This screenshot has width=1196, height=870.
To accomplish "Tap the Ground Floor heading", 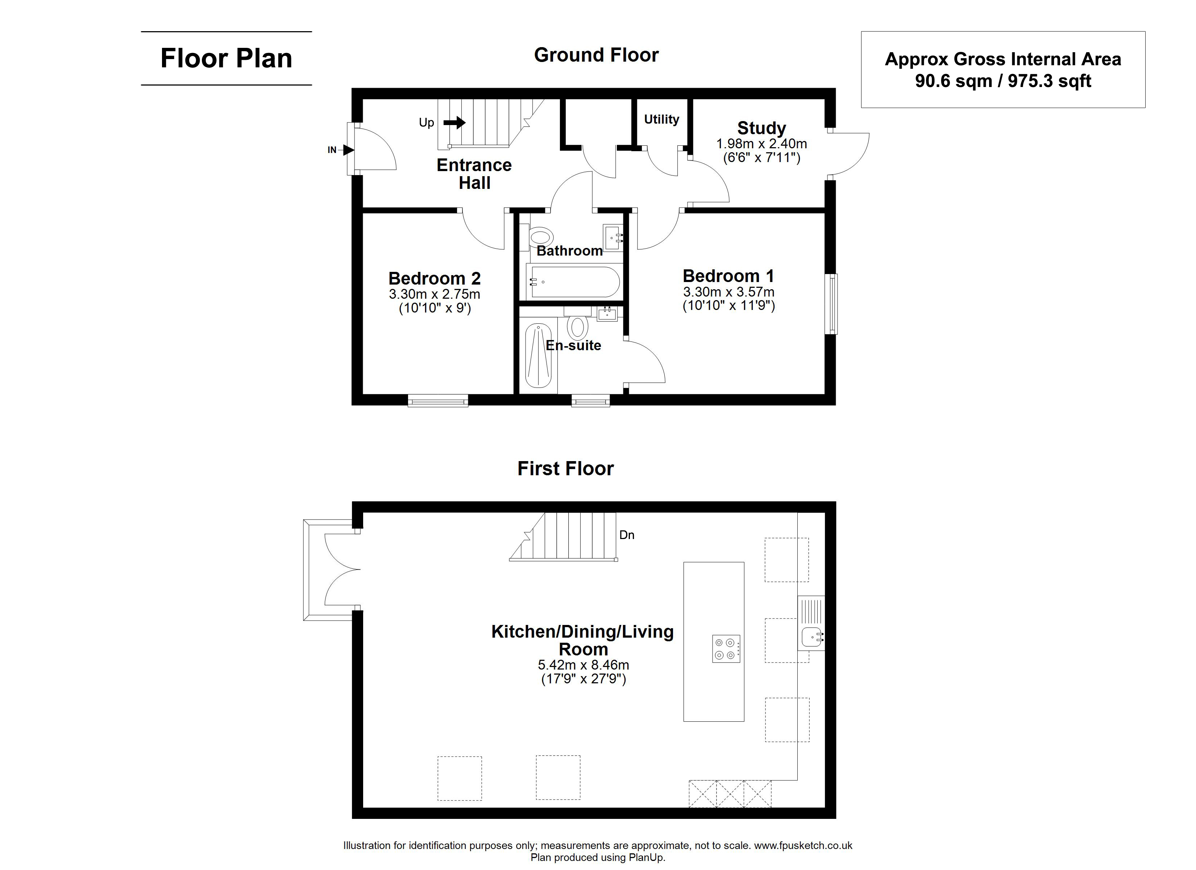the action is pos(597,55).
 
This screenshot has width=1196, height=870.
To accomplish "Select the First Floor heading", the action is pos(565,468).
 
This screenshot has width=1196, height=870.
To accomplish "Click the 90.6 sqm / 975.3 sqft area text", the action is pos(1003,81).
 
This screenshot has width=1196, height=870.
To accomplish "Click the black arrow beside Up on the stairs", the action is pos(454,123).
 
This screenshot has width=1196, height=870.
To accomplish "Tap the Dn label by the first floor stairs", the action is pos(627,535).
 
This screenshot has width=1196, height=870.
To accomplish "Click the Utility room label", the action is pos(661,119).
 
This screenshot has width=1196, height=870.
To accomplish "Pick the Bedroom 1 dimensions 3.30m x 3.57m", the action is pos(729,292).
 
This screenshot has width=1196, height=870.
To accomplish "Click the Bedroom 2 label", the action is pos(435,278).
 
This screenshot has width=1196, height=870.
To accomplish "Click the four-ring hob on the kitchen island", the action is pos(726,649).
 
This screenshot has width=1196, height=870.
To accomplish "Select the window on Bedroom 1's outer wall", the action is pos(831,304).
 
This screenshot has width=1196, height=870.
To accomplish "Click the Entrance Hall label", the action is pos(474,174).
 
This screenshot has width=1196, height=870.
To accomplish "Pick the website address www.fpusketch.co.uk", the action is pos(803,846).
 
